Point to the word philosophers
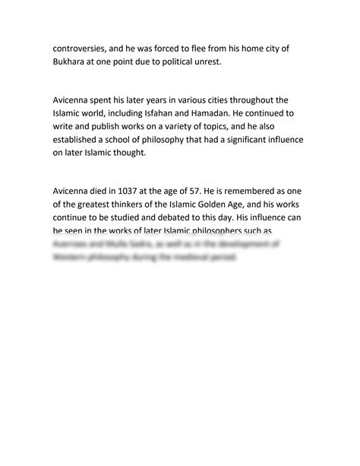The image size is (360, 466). tap(222, 236)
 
